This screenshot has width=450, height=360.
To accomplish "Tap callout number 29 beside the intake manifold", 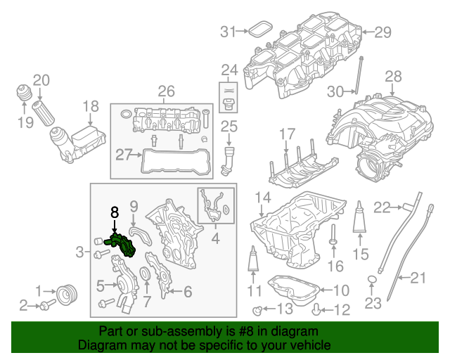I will (382, 31).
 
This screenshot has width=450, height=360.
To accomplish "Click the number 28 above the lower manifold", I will (393, 76).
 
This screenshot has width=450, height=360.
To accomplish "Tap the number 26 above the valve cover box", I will (166, 91).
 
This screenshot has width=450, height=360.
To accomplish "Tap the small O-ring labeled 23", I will (372, 283).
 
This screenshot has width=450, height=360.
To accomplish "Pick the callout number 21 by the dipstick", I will (418, 278).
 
